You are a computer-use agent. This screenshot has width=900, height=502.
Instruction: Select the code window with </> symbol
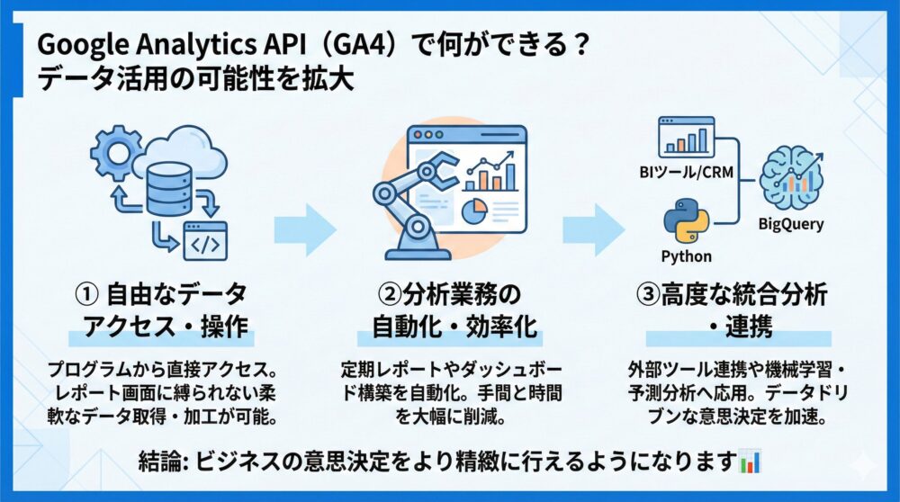click(x=206, y=241)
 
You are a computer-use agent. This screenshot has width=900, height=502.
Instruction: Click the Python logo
click(x=686, y=221)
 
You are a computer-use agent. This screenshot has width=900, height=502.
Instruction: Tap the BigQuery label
click(x=790, y=224)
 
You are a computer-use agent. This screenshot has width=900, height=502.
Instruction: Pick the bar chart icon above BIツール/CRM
click(x=685, y=136)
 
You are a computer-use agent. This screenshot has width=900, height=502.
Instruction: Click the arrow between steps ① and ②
click(x=305, y=230)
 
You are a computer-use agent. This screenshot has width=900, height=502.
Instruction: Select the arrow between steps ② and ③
click(x=594, y=230)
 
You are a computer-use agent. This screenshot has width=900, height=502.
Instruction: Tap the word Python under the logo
click(x=686, y=255)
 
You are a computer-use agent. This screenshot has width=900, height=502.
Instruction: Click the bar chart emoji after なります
click(x=749, y=462)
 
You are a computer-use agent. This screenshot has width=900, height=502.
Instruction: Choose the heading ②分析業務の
click(x=447, y=294)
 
